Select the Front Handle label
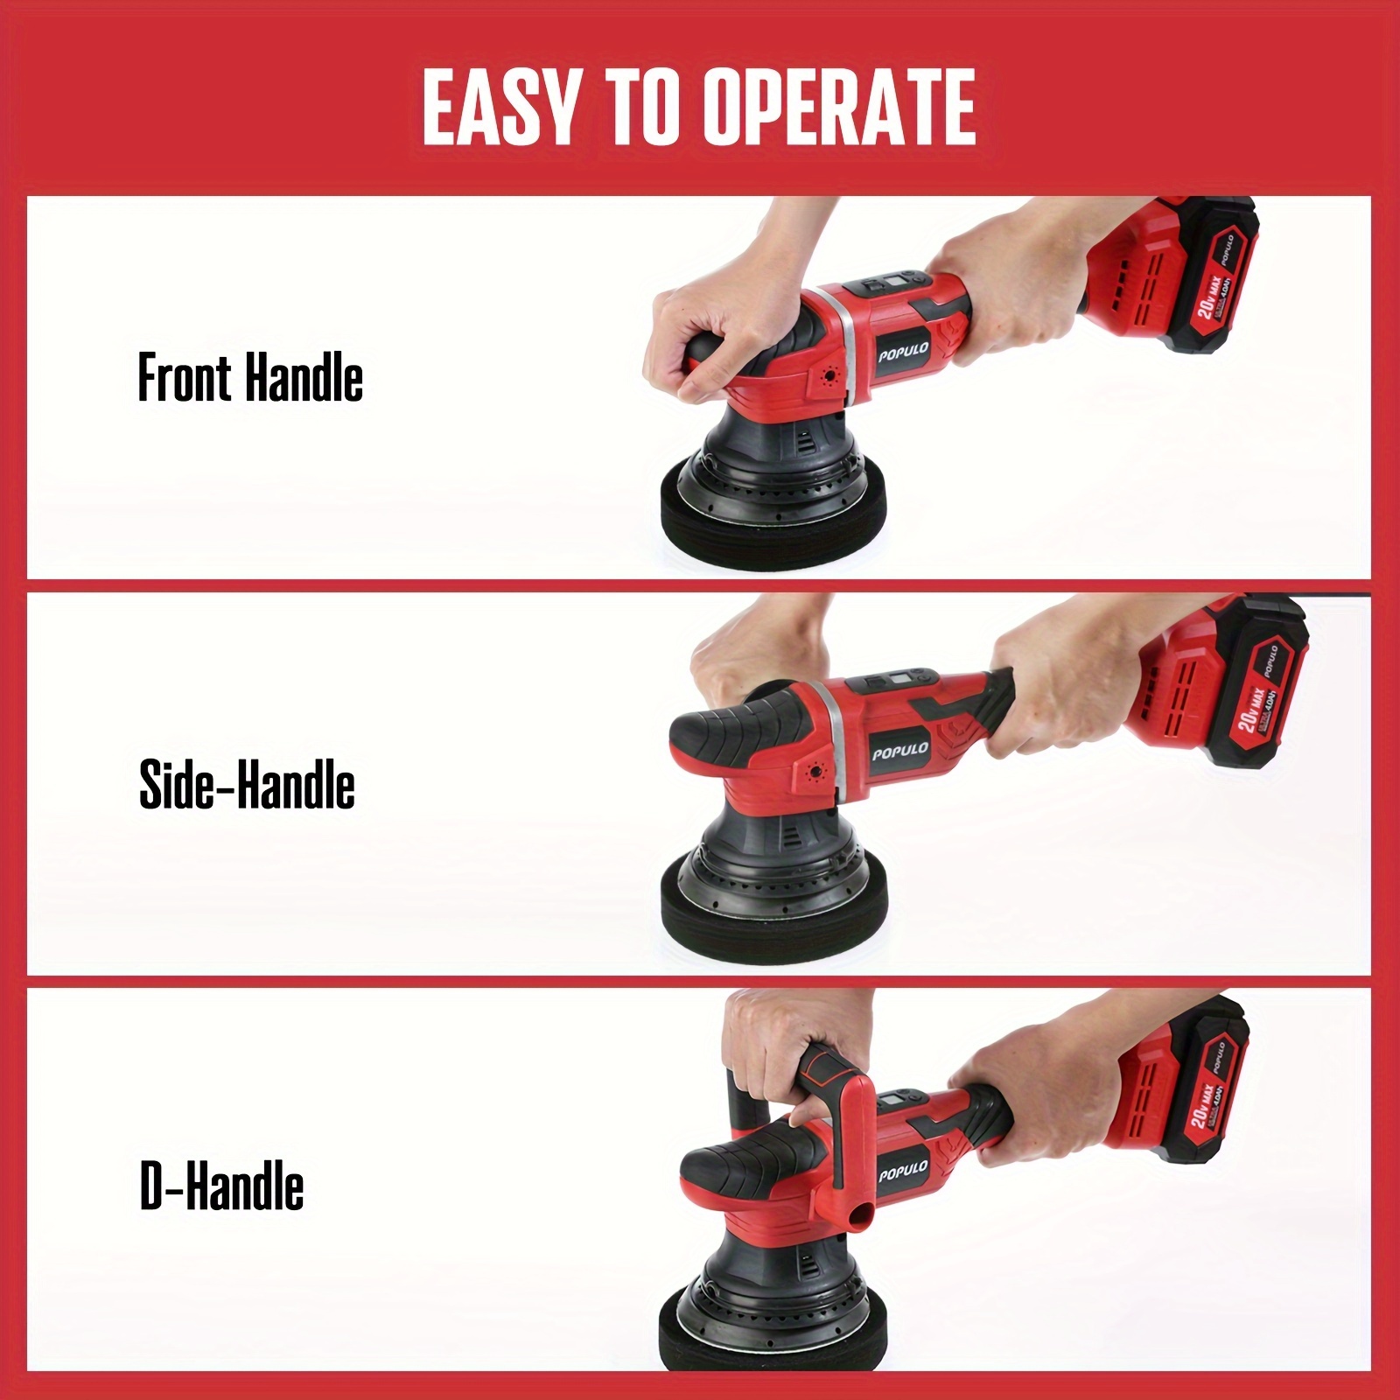coord(250,379)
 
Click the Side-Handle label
coord(247,784)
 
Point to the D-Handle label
coord(221,1186)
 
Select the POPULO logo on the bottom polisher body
coord(903,1172)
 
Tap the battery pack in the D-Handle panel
coord(1181,1085)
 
